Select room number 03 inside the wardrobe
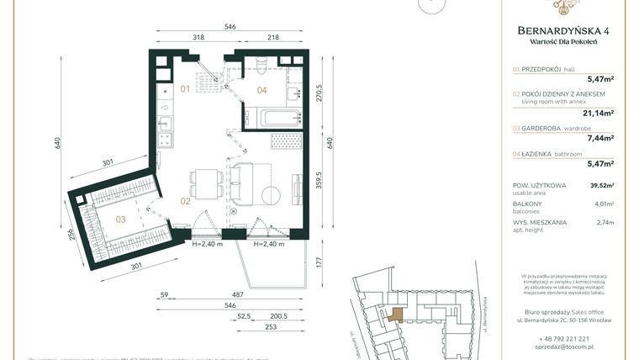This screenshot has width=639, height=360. pos(120,220)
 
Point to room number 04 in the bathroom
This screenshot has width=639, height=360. pos(261,89)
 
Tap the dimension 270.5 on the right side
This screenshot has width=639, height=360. pos(319,92)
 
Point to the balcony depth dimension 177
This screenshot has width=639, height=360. pos(319,261)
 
